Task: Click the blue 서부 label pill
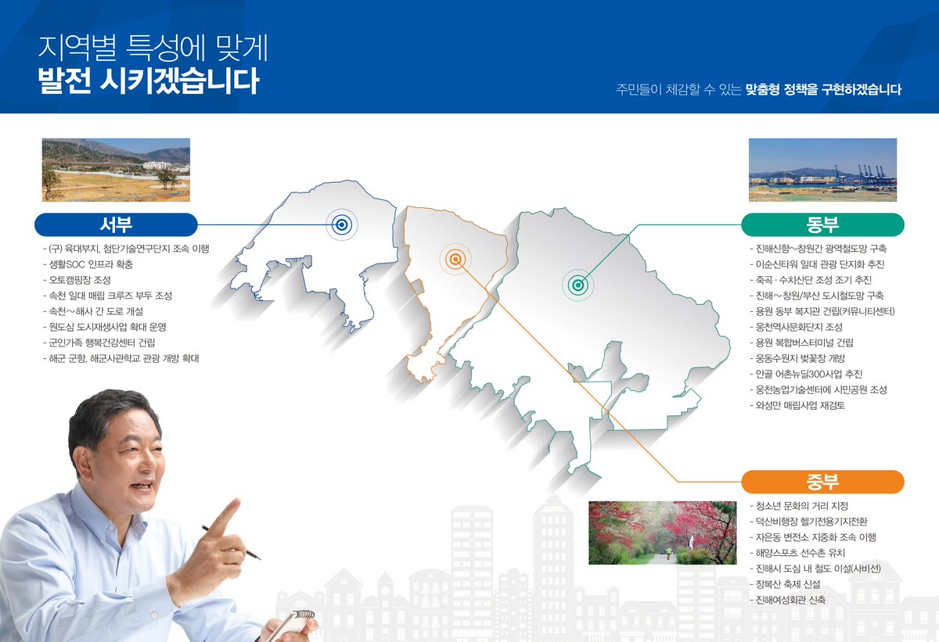[116, 225]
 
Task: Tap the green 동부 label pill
[822, 225]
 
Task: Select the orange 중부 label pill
[822, 482]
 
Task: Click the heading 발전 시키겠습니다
[148, 81]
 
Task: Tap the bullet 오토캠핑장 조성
[78, 280]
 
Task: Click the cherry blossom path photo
[662, 533]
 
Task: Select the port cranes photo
[822, 170]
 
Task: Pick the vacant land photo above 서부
[116, 170]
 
